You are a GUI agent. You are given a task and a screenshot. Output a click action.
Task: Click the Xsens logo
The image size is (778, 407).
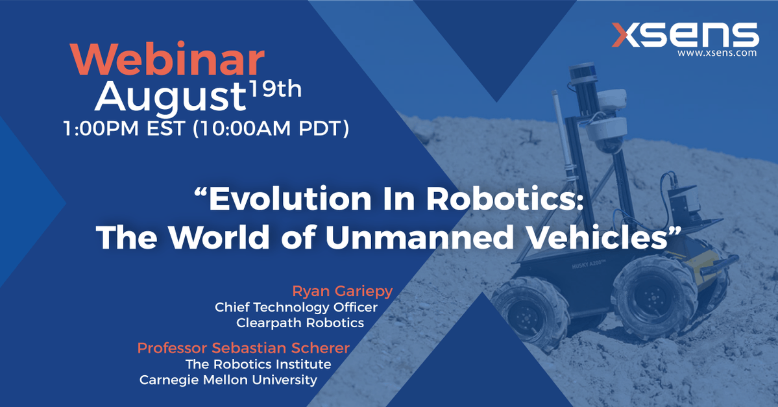[x=685, y=35]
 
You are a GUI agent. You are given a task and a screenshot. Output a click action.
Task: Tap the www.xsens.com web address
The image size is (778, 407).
[x=717, y=53]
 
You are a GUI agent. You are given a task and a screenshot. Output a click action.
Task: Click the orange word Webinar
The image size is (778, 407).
[x=167, y=60]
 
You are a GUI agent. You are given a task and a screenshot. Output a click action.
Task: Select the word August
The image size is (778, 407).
[x=170, y=97]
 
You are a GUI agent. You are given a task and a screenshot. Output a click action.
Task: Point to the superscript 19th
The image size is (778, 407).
[x=275, y=90]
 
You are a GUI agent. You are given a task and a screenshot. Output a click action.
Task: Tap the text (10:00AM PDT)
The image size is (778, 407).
[x=271, y=129]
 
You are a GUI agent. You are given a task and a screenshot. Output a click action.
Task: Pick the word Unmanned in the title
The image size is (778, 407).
[x=420, y=237]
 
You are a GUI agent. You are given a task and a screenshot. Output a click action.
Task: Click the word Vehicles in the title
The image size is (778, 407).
[x=596, y=237]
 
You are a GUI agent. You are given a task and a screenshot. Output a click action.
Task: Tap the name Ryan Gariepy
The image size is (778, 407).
[x=343, y=291]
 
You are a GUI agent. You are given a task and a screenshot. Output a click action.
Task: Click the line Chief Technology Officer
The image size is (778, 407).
[x=297, y=307]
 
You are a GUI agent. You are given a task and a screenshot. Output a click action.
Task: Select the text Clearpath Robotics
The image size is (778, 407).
[x=300, y=323]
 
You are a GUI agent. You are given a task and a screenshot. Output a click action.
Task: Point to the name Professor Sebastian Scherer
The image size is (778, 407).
[x=243, y=348]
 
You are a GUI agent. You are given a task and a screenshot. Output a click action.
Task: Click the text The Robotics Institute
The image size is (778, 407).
[x=258, y=364]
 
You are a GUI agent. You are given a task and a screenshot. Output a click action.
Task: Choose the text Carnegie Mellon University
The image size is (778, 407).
[x=228, y=380]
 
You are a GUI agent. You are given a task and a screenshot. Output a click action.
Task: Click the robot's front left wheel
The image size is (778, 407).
[x=530, y=314]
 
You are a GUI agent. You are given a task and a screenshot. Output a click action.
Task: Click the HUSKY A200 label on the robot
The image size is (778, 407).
[x=587, y=264]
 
